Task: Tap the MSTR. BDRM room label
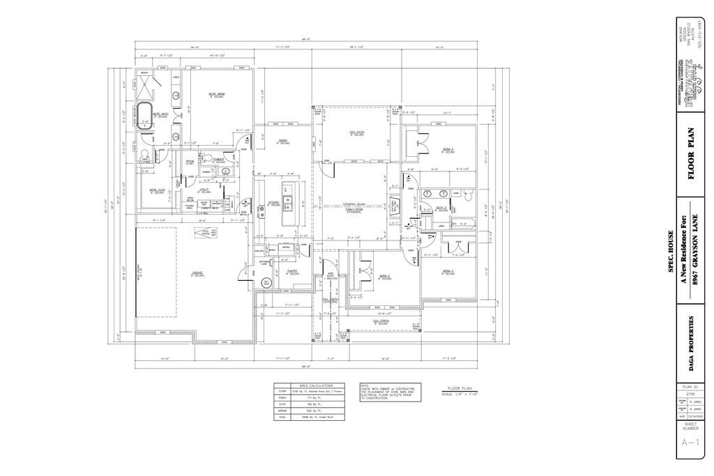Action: tap(217, 95)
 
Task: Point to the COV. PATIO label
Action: tap(357, 132)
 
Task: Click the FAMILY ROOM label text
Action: tap(355, 209)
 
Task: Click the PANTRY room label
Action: tap(293, 272)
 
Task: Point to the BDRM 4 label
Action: tap(447, 149)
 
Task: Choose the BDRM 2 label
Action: tap(385, 276)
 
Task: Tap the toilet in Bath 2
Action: tap(451, 206)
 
